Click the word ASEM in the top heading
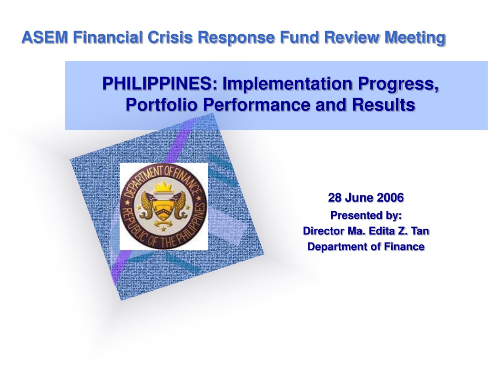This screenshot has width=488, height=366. (x=44, y=37)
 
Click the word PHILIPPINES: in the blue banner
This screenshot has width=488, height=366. (x=160, y=83)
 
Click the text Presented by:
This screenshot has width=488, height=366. (x=366, y=215)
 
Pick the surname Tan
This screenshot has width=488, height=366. (x=420, y=231)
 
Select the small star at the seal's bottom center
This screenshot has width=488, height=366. (x=163, y=229)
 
